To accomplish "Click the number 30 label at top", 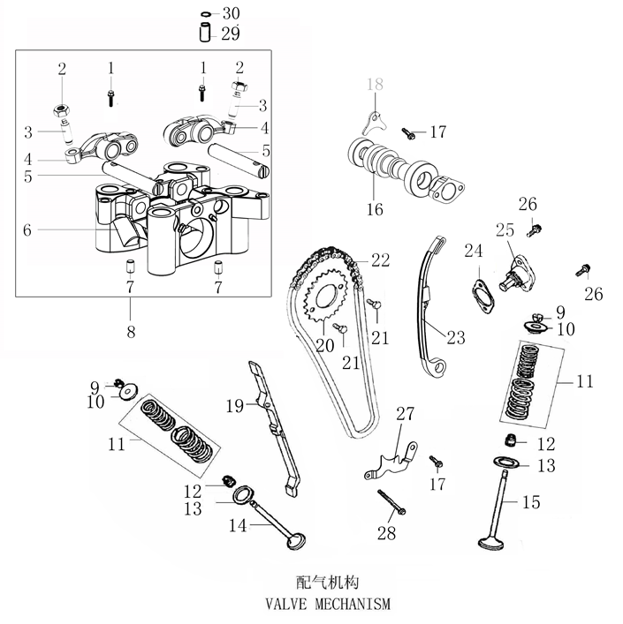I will point(230,13).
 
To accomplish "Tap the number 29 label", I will point(230,34).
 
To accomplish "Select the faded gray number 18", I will point(375,86).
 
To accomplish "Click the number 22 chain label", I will point(380,259).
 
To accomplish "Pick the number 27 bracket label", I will point(405,414).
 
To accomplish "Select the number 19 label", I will point(232,406).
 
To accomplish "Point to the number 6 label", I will point(27,229).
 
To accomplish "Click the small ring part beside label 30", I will point(205,14).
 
